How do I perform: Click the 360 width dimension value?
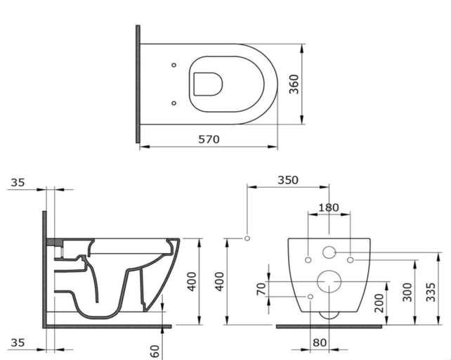tap(294, 84)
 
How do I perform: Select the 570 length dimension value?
tap(208, 139)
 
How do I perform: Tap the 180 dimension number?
tap(328, 207)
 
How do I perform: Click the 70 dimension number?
tap(261, 289)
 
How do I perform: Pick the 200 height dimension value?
tap(379, 302)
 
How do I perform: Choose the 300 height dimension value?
tap(408, 292)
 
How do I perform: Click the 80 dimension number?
tap(320, 343)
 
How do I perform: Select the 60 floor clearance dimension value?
tap(155, 349)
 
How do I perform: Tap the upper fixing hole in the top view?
tap(174, 66)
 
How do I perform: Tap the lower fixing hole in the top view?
tap(174, 103)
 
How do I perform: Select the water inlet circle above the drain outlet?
tap(329, 252)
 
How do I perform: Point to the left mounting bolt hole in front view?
tap(308, 259)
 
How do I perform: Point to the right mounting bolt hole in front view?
tap(349, 259)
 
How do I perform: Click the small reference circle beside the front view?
tap(247, 238)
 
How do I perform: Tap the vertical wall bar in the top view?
tap(138, 84)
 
